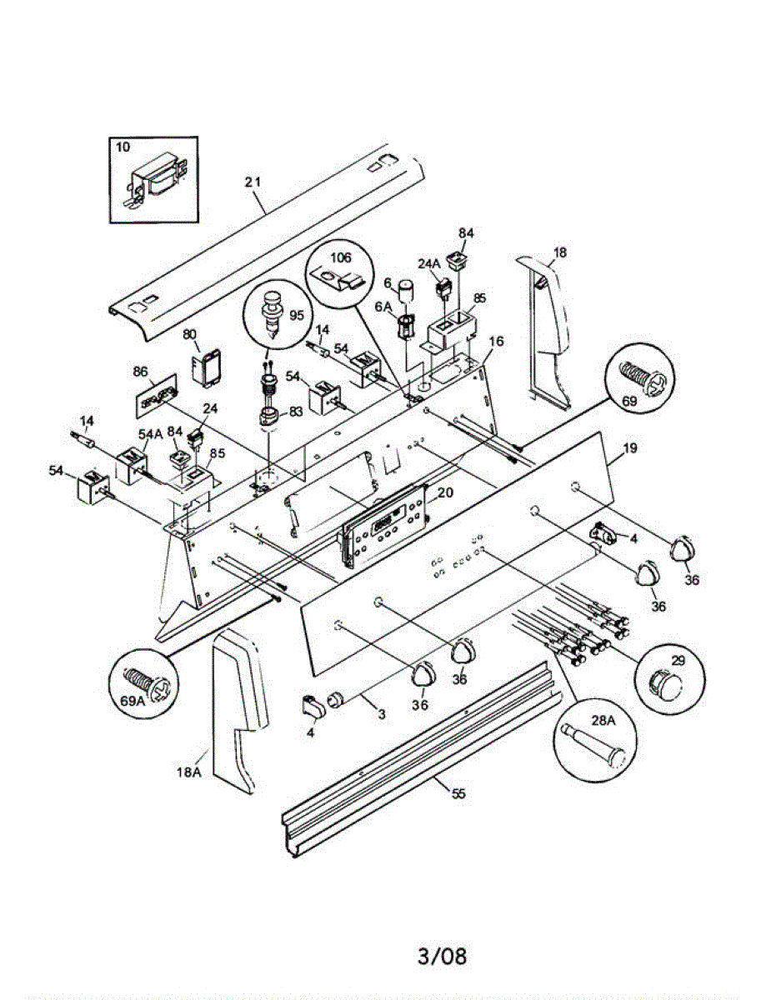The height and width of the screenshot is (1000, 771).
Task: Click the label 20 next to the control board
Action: (x=445, y=492)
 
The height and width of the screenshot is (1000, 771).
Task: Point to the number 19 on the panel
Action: (x=629, y=448)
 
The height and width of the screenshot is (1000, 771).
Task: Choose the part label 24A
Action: (x=428, y=264)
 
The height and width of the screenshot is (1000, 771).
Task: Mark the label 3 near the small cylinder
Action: (x=381, y=715)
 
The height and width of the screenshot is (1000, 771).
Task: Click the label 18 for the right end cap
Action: (x=559, y=253)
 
